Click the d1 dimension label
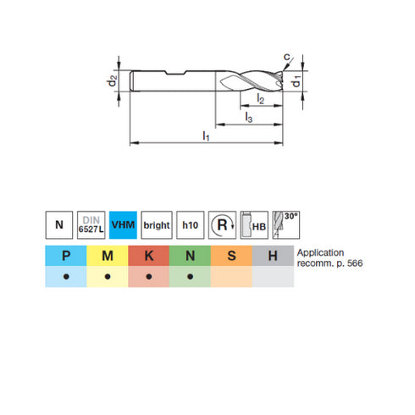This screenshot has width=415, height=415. point(296,84)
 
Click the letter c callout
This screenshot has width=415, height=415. point(287,58)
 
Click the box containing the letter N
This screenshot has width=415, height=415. point(58,225)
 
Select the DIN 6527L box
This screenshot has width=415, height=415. point(91,225)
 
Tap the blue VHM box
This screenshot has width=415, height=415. point(124,225)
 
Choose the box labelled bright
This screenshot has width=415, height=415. point(157,225)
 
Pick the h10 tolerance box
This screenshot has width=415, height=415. point(190,225)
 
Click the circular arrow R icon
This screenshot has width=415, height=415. point(223,225)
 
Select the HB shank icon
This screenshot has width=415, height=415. point(255,225)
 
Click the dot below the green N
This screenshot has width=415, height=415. point(190,278)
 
